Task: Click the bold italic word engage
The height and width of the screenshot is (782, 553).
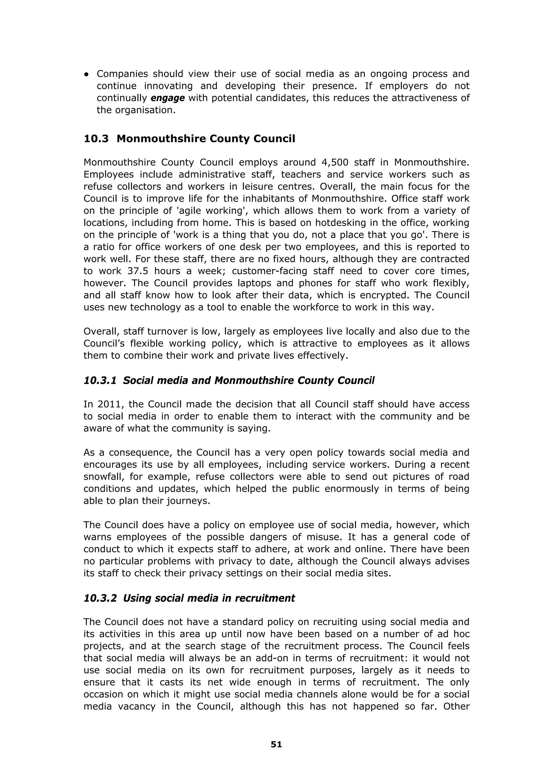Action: (x=168, y=98)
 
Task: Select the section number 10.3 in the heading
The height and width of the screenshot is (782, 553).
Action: (x=96, y=139)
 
